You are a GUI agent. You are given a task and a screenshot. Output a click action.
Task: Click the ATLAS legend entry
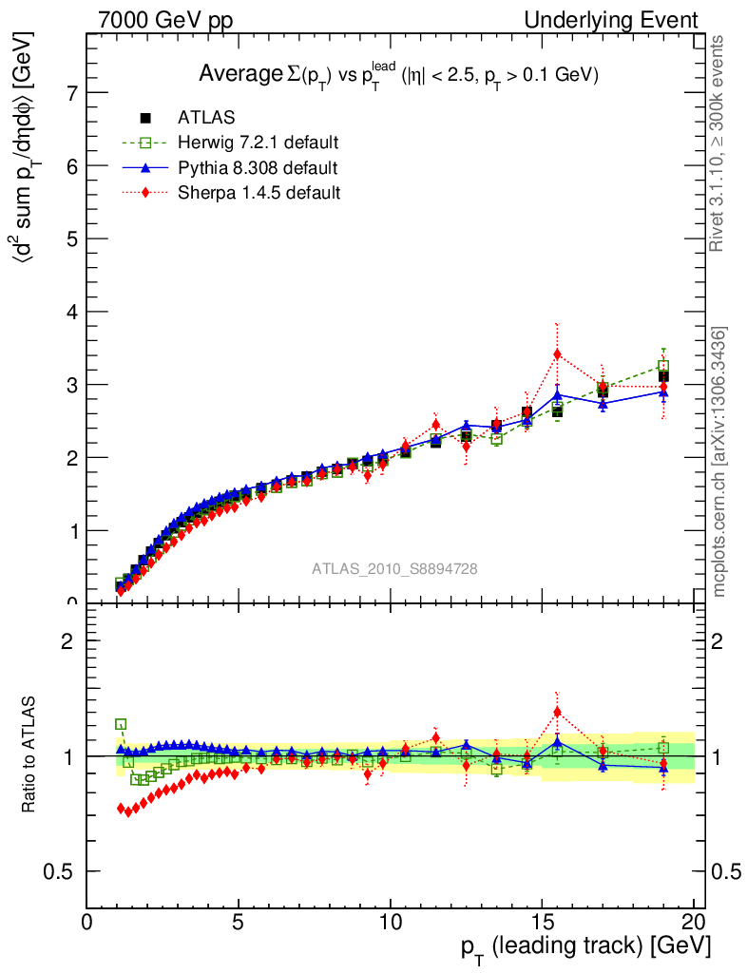click(206, 118)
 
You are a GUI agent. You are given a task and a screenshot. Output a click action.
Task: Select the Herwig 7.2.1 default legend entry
click(258, 143)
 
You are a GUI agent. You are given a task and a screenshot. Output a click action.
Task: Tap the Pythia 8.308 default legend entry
click(258, 168)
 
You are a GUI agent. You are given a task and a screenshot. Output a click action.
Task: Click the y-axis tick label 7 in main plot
click(72, 93)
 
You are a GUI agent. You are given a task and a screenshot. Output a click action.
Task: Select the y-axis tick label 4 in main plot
click(72, 312)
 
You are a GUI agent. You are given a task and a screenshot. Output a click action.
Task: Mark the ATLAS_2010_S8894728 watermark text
click(394, 569)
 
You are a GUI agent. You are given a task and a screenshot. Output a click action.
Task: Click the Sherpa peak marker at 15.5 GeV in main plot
click(557, 354)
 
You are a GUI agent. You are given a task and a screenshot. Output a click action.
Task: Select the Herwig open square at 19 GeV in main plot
click(663, 366)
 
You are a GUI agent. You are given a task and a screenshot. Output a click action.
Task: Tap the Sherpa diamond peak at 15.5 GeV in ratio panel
click(557, 712)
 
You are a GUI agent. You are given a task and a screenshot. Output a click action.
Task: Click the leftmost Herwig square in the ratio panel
click(121, 724)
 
